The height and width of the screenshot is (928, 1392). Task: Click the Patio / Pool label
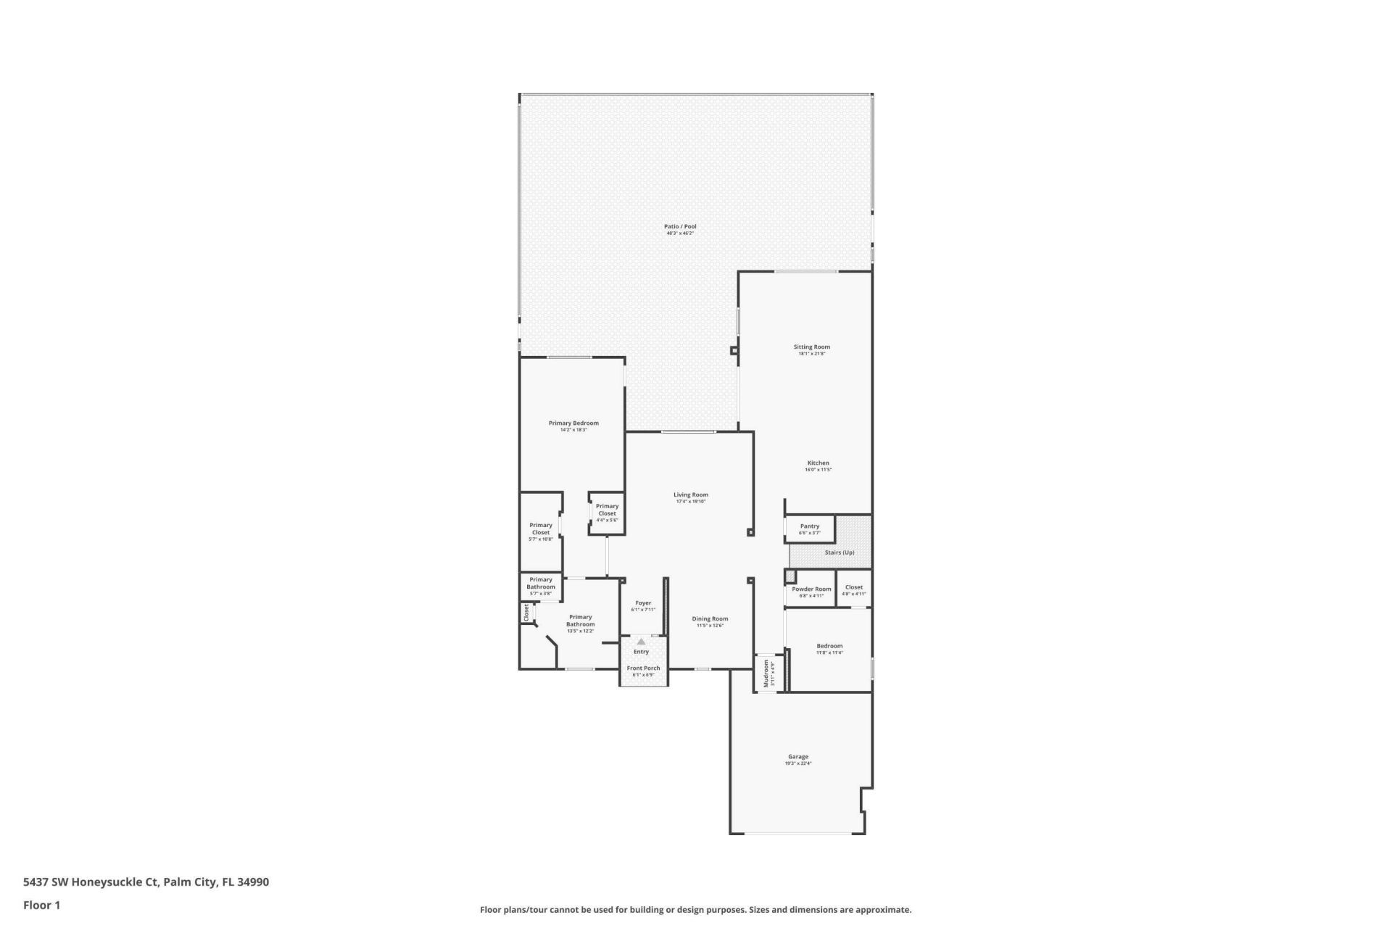(x=680, y=227)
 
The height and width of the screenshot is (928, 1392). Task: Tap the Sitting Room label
(x=811, y=347)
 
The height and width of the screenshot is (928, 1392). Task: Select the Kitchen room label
(x=818, y=463)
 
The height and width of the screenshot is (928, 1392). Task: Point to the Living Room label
(x=690, y=495)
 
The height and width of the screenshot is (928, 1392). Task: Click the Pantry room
(x=810, y=528)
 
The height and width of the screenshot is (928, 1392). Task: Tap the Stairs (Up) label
(x=839, y=552)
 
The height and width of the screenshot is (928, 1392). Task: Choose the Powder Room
(x=811, y=590)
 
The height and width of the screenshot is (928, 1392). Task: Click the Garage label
(x=797, y=757)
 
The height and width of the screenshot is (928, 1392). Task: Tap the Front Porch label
(x=643, y=668)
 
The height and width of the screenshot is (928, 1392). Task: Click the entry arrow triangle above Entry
(x=641, y=642)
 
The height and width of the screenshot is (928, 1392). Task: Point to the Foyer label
(x=643, y=603)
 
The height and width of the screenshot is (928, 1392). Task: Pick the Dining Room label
(x=710, y=619)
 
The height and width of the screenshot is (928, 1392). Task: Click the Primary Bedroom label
(x=573, y=423)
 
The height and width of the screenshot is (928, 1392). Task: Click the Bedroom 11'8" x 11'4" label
(x=829, y=647)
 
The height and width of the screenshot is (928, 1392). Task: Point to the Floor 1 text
(x=41, y=905)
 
